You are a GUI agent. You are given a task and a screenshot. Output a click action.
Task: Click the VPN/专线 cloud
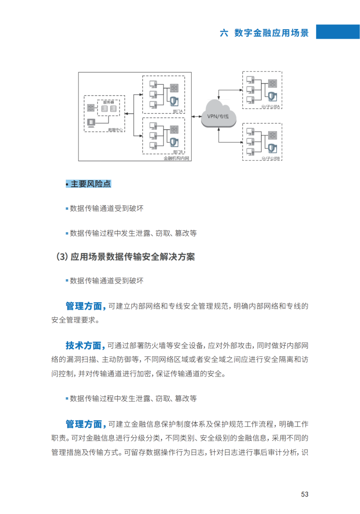218,115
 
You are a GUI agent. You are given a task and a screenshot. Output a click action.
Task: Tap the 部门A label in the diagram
178,111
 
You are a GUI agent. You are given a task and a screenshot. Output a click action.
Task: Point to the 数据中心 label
115,130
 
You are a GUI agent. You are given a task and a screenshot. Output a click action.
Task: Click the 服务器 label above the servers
108,102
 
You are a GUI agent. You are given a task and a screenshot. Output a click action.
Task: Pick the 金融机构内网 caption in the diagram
176,158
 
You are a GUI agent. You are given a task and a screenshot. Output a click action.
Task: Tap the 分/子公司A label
271,107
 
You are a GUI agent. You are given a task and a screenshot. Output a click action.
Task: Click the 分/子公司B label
271,159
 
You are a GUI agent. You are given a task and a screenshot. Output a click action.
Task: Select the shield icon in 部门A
174,101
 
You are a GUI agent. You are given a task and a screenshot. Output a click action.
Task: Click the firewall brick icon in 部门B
174,129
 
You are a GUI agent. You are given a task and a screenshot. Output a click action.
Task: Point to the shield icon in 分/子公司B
272,148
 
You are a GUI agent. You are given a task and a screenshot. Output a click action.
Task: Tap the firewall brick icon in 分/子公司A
273,83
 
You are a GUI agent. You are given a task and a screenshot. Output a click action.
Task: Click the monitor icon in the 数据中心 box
91,123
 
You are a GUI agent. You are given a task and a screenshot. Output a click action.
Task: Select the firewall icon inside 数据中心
91,108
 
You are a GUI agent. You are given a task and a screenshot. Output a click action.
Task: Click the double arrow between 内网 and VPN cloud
197,117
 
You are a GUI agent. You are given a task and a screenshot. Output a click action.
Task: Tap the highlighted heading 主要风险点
89,184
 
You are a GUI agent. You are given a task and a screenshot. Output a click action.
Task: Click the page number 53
305,494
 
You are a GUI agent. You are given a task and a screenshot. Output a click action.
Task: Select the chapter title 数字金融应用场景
271,33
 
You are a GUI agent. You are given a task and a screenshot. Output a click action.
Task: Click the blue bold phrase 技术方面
83,345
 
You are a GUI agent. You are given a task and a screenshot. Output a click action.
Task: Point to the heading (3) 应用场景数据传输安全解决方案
126,257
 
